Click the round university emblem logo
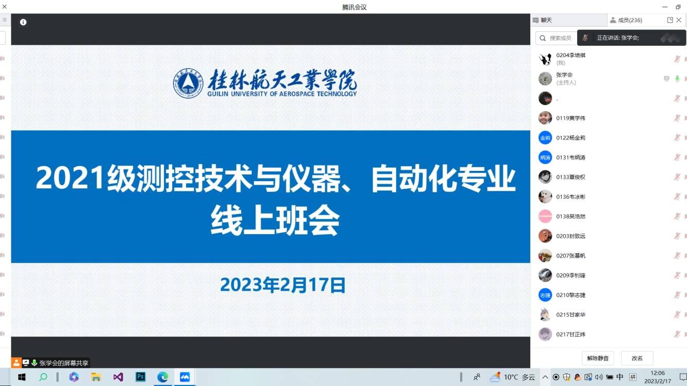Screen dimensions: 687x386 pos(188,83)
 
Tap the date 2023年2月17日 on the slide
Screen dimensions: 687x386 pos(283,285)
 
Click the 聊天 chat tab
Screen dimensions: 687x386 pos(546,20)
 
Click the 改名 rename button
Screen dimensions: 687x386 pos(637,358)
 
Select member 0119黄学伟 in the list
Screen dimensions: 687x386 pos(571,118)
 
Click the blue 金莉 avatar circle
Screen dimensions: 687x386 pos(545,138)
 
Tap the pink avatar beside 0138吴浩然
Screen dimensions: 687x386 pos(545,216)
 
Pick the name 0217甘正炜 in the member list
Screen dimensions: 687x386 pos(571,334)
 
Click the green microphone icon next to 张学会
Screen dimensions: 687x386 pos(677,79)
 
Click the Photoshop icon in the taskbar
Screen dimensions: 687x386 pos(141,377)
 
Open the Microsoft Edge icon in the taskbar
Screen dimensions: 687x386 pos(162,377)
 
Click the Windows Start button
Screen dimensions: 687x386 pos(22,377)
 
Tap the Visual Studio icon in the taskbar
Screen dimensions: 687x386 pos(118,377)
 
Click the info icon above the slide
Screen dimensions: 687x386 pos(23,22)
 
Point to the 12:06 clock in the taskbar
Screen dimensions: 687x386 pos(658,373)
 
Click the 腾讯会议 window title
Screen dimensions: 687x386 pos(354,7)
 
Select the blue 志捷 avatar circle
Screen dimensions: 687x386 pos(545,295)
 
